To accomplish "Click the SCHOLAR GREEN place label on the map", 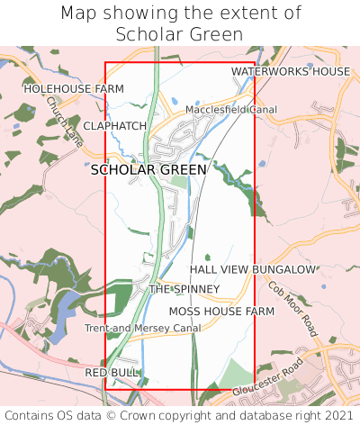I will click(148, 169).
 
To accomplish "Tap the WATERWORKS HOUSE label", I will click(290, 71).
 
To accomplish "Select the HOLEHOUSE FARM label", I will click(74, 89).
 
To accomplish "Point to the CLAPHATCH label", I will click(114, 126).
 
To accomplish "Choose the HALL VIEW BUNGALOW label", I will click(253, 269).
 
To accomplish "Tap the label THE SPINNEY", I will click(184, 289).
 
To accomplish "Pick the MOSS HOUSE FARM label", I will click(221, 311).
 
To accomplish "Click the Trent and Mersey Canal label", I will click(142, 329).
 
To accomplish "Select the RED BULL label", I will click(112, 372).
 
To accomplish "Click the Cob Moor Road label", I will click(293, 309).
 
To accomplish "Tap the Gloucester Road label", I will click(268, 380).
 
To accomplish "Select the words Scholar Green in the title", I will click(180, 34).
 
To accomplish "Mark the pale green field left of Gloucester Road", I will click(237, 373).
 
